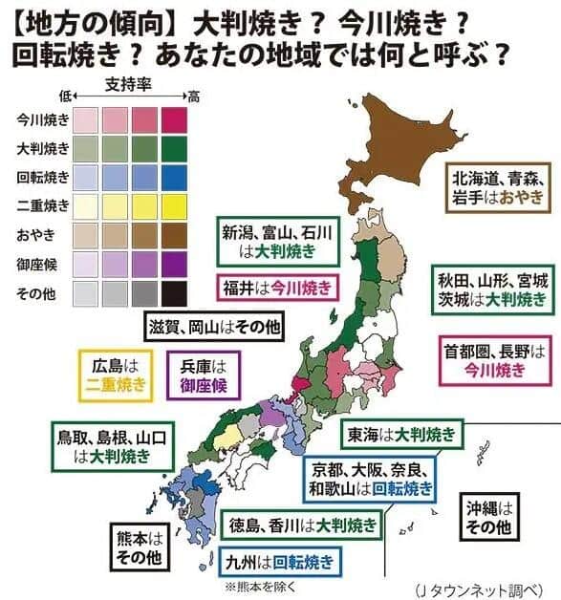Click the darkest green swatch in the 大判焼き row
coord(175,149)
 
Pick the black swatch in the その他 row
coord(175,292)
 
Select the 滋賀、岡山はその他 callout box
coord(214,327)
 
